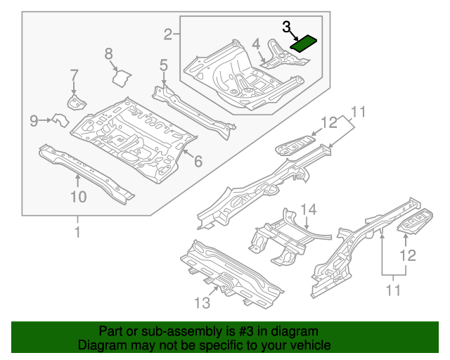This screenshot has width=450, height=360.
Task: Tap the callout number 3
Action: [x=287, y=27]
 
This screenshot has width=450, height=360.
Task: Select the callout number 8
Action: [x=109, y=53]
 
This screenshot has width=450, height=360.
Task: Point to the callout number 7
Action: [x=74, y=75]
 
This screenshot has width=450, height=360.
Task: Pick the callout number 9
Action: [x=34, y=122]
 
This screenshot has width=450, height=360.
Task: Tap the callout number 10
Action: [x=78, y=197]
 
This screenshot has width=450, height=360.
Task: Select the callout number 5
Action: [x=163, y=65]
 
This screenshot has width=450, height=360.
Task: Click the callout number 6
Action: [x=198, y=162]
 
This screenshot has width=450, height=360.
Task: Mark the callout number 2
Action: [x=168, y=34]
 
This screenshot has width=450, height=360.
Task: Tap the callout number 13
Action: [x=202, y=303]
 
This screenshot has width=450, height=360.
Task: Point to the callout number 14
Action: [x=309, y=209]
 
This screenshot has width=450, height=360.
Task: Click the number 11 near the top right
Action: [x=359, y=112]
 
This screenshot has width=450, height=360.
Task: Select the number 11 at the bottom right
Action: [x=394, y=289]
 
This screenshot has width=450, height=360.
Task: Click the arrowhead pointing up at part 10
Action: [x=78, y=176]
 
